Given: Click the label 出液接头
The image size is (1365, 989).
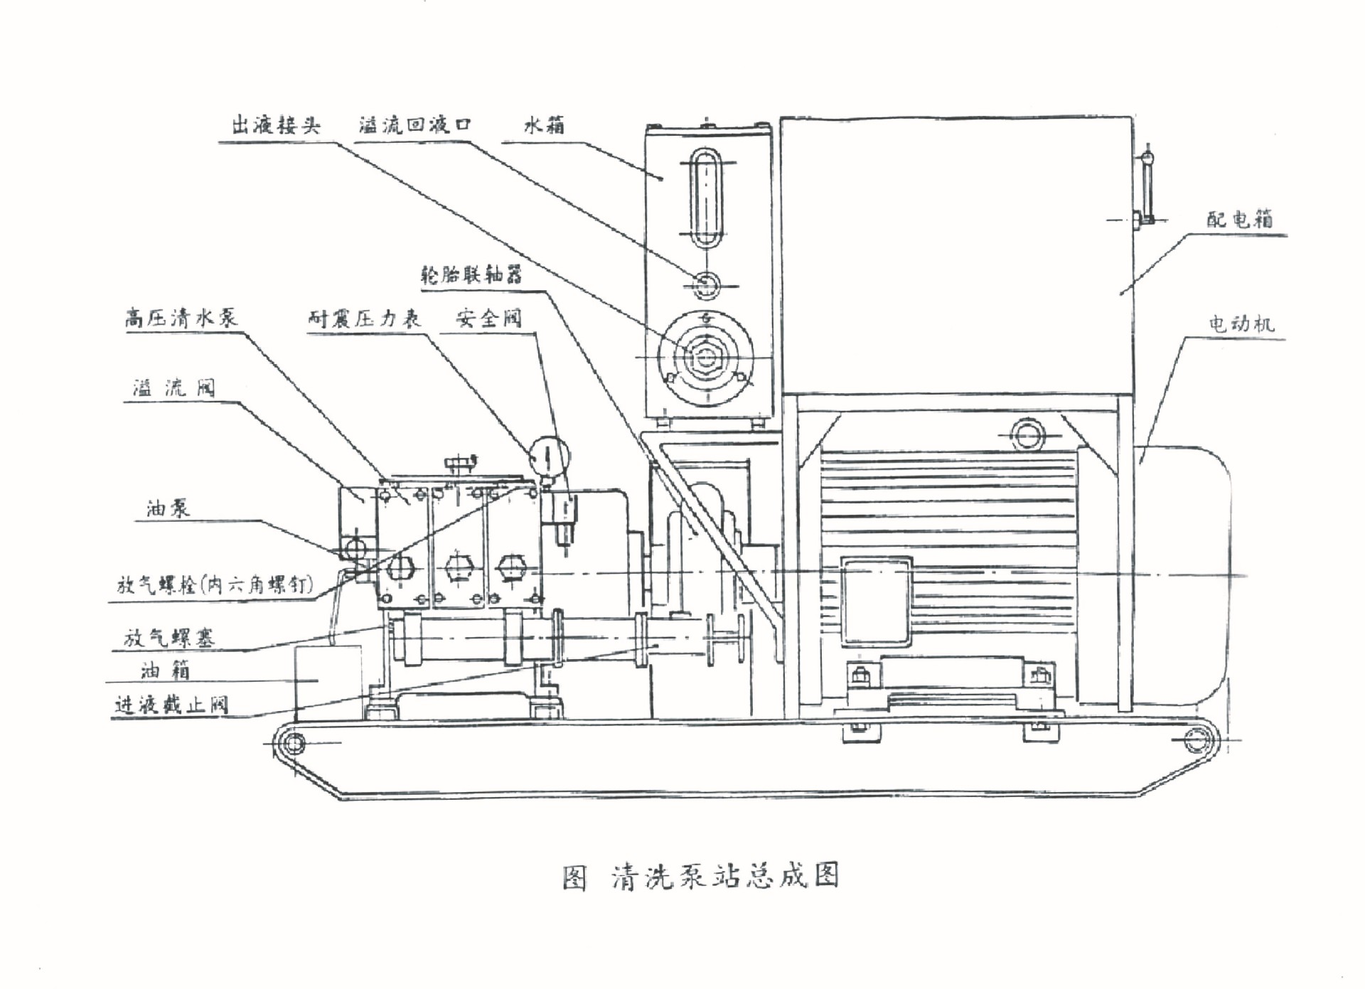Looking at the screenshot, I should tap(276, 126).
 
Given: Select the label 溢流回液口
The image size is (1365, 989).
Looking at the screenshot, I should tap(414, 125).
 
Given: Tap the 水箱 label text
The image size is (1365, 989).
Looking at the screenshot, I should tap(545, 126).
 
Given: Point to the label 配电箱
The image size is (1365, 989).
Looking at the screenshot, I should tap(1240, 218).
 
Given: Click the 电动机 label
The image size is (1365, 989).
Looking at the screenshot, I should tap(1241, 324).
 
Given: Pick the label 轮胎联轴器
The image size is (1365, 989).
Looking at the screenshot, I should tap(471, 274).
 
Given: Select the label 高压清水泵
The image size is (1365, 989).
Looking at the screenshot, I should tap(181, 318).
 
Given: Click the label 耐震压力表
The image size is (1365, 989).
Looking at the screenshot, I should tap(364, 319).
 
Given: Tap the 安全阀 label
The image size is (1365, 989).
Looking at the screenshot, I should tap(489, 318).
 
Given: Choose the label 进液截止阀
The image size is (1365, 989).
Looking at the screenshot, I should tap(171, 705).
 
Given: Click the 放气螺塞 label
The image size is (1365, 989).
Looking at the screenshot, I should tap(169, 637).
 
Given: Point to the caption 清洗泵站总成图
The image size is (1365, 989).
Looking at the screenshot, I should tap(725, 876).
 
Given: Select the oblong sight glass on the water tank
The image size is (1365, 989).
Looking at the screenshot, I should tap(705, 198).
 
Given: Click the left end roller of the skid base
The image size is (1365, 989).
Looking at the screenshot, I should tap(291, 743).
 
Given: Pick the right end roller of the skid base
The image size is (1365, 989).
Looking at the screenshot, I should tap(1196, 740).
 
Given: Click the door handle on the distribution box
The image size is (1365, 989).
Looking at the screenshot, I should tap(1146, 188).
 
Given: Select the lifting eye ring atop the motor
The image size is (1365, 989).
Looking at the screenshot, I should tap(1027, 432).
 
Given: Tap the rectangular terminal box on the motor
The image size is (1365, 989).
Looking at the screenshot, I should tap(877, 602).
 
